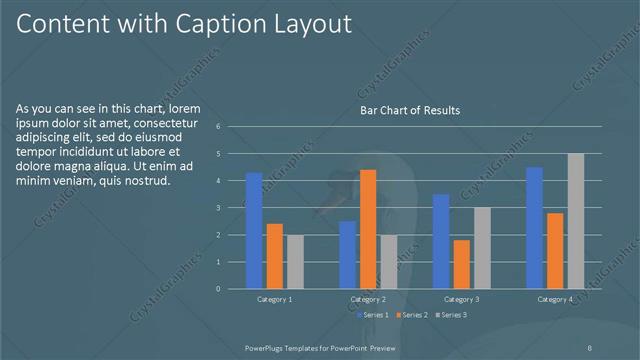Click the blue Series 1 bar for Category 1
[x=254, y=230]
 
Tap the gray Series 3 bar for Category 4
[x=575, y=221]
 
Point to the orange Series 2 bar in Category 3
[x=461, y=264]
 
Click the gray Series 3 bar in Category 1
[x=295, y=262]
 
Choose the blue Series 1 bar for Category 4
[x=534, y=228]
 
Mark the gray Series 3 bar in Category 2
[x=388, y=262]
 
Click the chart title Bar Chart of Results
[x=410, y=111]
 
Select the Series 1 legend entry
[x=376, y=316]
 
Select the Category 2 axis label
[x=368, y=300]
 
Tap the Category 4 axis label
[x=555, y=300]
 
